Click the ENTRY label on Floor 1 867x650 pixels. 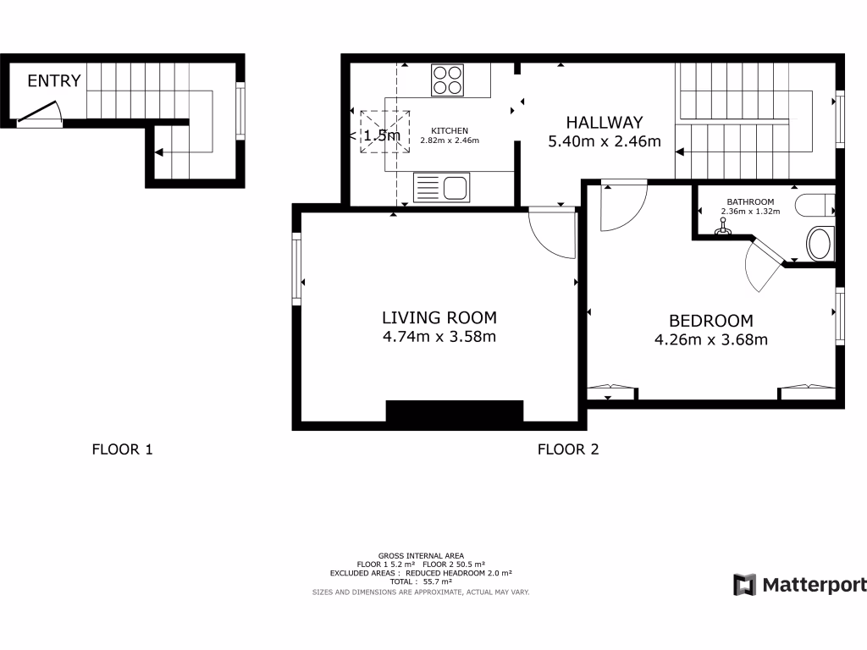point(54,81)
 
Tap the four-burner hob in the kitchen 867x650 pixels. point(448,80)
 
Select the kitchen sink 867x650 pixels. point(441,187)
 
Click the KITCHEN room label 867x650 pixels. point(450,130)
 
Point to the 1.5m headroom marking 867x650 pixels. point(381,135)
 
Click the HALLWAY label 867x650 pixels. point(605,123)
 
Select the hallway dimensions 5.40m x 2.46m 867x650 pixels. point(605,141)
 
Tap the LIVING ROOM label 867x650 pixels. point(439,318)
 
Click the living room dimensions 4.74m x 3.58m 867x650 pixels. point(439,337)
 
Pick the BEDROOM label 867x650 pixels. point(710,321)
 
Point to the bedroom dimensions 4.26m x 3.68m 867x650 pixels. point(710,340)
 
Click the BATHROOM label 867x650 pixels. point(750,201)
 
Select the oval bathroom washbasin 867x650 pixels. point(820,244)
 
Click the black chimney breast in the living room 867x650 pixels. point(455,411)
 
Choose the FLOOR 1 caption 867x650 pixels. point(122,449)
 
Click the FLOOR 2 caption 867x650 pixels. point(568,449)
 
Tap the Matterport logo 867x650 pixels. point(799,585)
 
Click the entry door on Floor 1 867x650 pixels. point(39,113)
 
